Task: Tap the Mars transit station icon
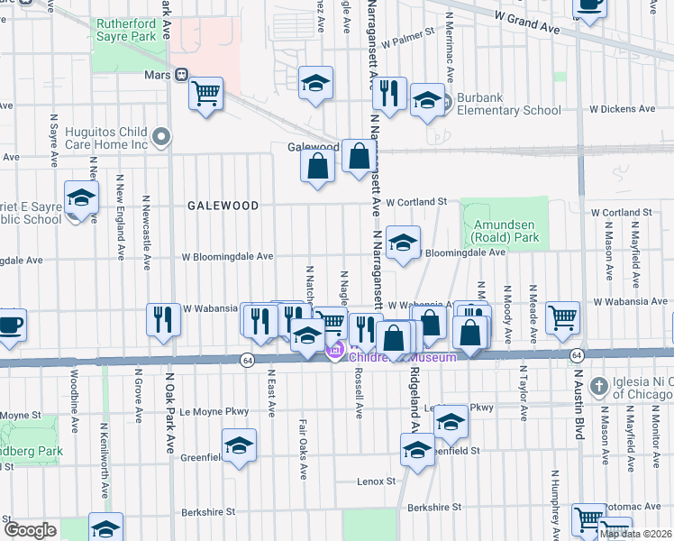(181, 75)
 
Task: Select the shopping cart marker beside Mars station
(206, 92)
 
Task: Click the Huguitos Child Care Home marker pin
(161, 137)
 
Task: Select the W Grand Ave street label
(527, 21)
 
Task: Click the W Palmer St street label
(407, 42)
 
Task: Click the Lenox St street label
(377, 481)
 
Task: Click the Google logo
(30, 530)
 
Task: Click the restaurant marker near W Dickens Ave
(389, 94)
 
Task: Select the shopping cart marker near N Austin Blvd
(562, 316)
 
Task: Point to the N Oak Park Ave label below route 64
(168, 414)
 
